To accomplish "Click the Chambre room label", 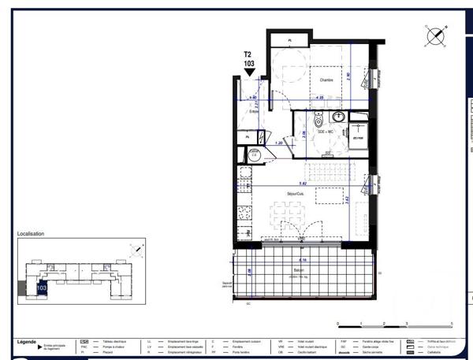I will click(326, 80).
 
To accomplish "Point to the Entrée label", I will click(254, 111).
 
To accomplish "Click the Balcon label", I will click(299, 269).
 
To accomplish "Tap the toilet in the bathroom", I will click(317, 122).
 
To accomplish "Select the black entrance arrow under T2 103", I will click(249, 72).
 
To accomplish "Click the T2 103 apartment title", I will click(249, 58).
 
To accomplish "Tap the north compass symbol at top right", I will click(434, 35).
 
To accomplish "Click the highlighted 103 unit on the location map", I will click(42, 288).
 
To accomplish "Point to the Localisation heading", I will click(31, 234).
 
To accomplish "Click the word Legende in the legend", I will click(26, 342).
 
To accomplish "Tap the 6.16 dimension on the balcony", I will click(301, 260).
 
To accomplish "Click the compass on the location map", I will click(137, 251).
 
